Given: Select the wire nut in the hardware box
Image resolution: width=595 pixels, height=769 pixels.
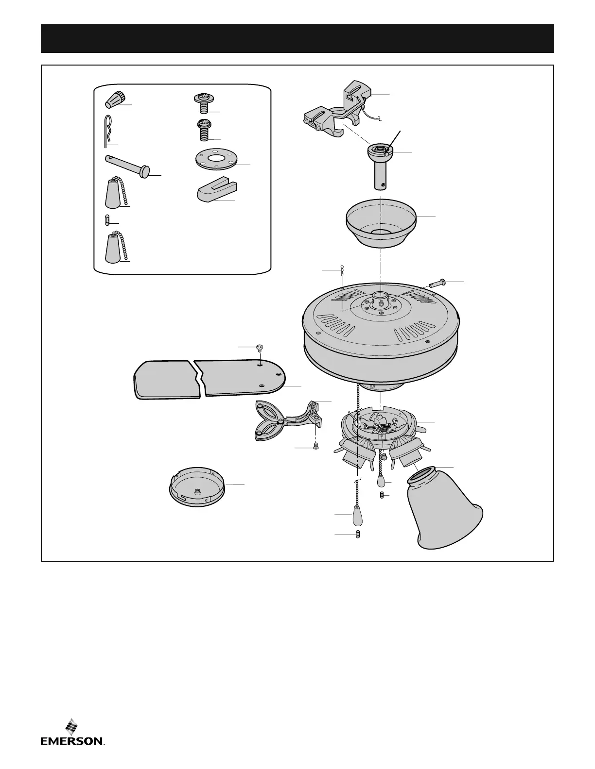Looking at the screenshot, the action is click(x=113, y=100).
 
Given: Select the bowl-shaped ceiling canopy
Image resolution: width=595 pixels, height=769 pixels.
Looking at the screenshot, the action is click(x=381, y=222).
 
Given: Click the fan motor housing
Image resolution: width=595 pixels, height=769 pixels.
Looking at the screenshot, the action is click(x=380, y=340).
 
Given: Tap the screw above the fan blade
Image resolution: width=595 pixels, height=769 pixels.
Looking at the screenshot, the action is click(x=260, y=348).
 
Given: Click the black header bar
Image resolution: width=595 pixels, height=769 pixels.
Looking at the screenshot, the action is click(x=297, y=38).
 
